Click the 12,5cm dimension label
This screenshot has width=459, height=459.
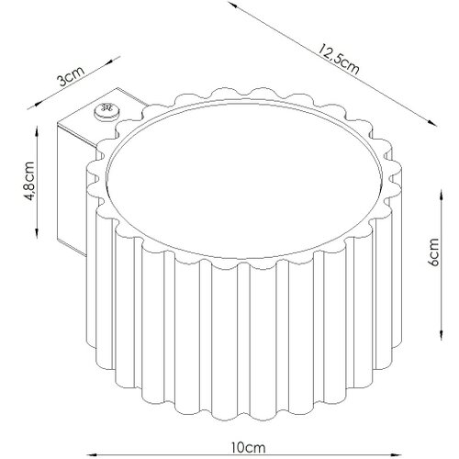(338, 60)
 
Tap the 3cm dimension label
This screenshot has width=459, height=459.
(71, 75)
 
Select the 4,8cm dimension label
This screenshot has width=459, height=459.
(30, 181)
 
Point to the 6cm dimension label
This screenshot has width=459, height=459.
(433, 252)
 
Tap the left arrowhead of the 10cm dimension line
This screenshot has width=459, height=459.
(92, 454)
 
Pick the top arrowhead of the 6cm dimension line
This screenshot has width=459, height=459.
(441, 195)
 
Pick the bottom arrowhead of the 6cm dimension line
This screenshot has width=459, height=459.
(441, 334)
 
